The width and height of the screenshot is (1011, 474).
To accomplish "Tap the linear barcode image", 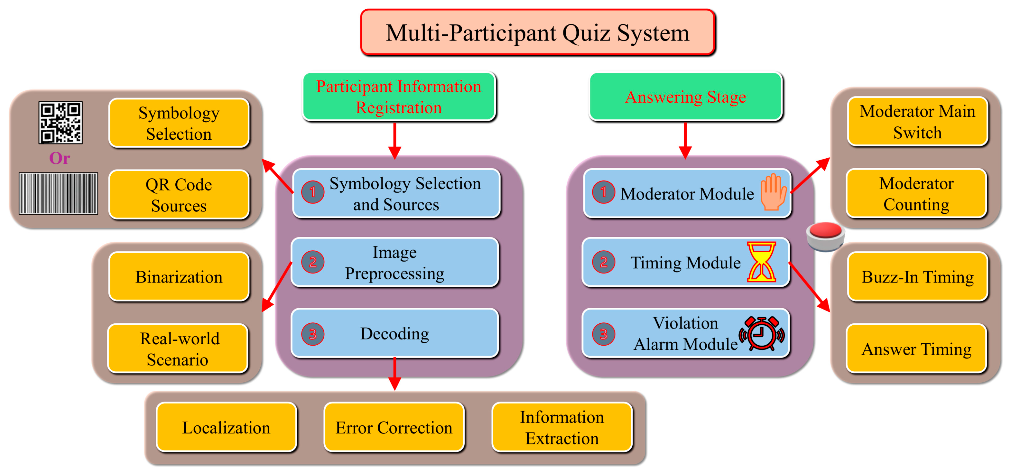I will pos(59,193).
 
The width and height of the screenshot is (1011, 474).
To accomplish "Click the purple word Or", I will pos(60,158).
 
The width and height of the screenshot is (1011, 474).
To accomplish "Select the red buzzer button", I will pos(825,236).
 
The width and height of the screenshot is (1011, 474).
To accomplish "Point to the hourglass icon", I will pos(761,262).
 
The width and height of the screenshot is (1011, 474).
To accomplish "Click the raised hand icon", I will pos(773,192).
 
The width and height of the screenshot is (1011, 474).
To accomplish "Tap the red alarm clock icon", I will pos(761,333).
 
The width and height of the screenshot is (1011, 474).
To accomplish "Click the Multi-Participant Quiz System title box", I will pos(537,33).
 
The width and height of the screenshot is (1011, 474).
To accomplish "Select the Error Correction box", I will pos(394,427).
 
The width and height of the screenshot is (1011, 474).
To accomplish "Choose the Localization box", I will pos(226,427).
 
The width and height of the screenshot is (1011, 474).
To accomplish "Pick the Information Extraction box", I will pos(561,427).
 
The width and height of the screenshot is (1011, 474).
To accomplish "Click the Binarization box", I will pos(179,277).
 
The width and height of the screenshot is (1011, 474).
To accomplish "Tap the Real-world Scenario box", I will pos(178,349).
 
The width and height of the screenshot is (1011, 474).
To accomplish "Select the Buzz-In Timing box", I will pos(917,277).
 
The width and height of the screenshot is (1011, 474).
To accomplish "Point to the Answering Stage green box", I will pos(685,97).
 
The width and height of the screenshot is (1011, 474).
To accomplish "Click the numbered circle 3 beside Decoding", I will pos(312,334).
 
